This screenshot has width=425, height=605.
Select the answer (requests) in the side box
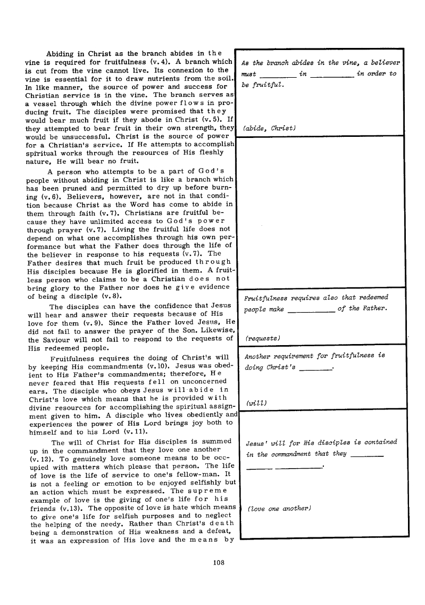point(262,338)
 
